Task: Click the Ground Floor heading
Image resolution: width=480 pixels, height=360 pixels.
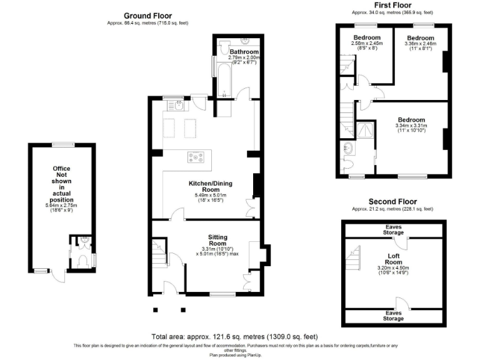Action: [x=147, y=16]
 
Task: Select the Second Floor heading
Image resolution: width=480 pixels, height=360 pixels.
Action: [x=392, y=202]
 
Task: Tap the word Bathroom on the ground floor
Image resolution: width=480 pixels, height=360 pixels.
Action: [x=244, y=52]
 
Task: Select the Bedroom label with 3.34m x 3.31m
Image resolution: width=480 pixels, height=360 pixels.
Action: [x=411, y=120]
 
